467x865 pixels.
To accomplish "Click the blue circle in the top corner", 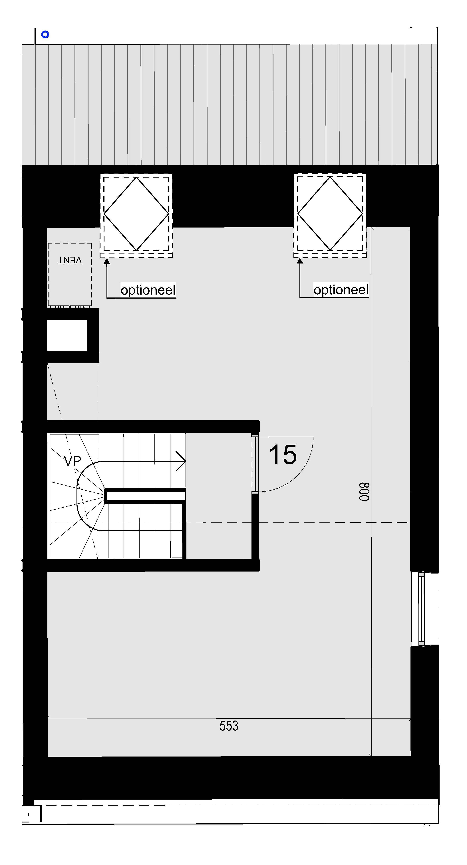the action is (x=45, y=34).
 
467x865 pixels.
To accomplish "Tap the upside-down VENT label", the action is (x=69, y=260).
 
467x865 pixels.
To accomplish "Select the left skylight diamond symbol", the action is (x=136, y=214).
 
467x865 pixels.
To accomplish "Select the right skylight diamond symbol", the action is (x=330, y=214).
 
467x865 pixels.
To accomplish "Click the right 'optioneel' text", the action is (x=341, y=290).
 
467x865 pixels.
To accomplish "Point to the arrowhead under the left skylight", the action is (x=107, y=261).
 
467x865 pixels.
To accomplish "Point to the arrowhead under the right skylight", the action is (x=300, y=261).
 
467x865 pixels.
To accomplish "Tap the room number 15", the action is (x=283, y=455).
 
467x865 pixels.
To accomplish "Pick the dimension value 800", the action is (x=364, y=492).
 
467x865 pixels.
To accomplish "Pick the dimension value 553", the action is (x=229, y=726).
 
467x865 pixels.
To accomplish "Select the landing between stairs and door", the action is (x=219, y=496).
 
